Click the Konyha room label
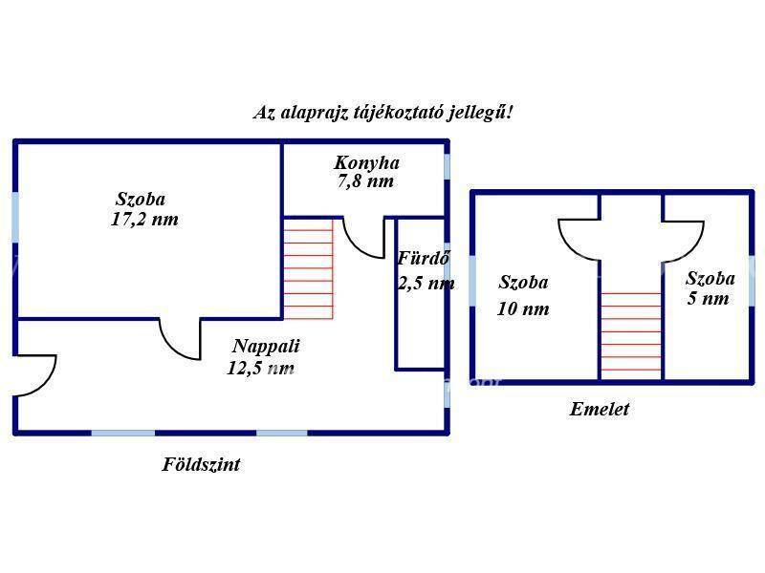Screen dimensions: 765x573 pyautogui.click(x=367, y=162)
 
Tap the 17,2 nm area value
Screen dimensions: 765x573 pyautogui.click(x=144, y=220)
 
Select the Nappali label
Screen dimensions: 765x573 pyautogui.click(x=266, y=346)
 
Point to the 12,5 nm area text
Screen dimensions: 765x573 pyautogui.click(x=260, y=368)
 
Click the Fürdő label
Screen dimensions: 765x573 pyautogui.click(x=423, y=258)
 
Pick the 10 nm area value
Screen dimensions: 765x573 pyautogui.click(x=523, y=308)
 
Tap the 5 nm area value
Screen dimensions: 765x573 pyautogui.click(x=708, y=298)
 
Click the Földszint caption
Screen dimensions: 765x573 pyautogui.click(x=201, y=464)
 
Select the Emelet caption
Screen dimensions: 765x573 pyautogui.click(x=600, y=409)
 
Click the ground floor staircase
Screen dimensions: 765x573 pyautogui.click(x=308, y=268)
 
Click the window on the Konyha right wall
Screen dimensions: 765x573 pyautogui.click(x=447, y=166)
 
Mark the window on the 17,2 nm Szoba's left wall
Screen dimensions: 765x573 pyautogui.click(x=15, y=217)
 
